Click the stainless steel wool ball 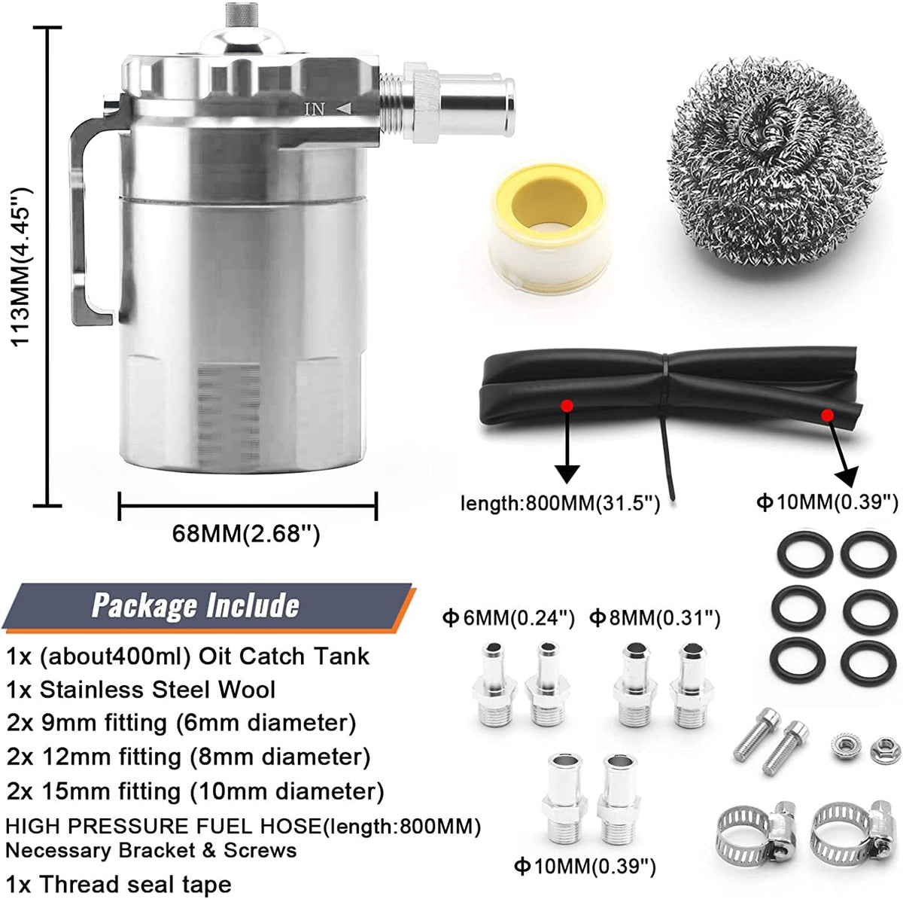pos(776,162)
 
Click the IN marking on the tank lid pos(315,110)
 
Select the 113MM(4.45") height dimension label pos(21,267)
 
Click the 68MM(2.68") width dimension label pos(246,534)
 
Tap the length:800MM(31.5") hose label pos(561,504)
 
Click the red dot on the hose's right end pos(827,415)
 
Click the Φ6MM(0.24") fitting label pos(509,619)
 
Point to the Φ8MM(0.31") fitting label pos(655,619)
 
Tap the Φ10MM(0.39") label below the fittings pos(585,866)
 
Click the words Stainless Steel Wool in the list pos(157,690)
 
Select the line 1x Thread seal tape pos(119,885)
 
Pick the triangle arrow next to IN pos(345,109)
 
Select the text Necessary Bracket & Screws pos(151,850)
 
